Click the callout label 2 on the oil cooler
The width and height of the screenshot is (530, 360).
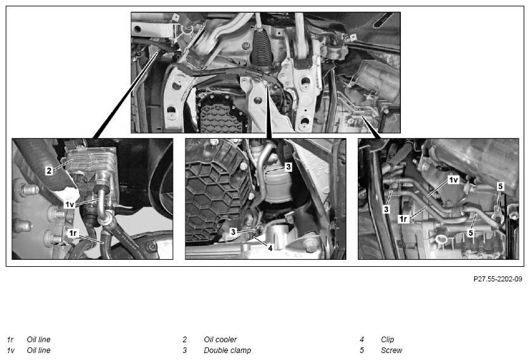tap(49, 170)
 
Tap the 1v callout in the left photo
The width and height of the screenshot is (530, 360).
tap(69, 204)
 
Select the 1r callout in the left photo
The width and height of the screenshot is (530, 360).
tap(73, 233)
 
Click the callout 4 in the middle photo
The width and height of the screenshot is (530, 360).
tap(270, 248)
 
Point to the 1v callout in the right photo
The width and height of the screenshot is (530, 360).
tap(453, 180)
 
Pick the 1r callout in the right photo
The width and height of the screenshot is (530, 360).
tap(403, 219)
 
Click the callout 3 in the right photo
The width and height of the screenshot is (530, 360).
tap(386, 209)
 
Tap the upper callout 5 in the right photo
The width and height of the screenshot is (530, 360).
tap(500, 186)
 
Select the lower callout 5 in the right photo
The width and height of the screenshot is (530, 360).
tap(470, 233)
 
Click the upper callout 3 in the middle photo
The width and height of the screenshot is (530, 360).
tap(288, 167)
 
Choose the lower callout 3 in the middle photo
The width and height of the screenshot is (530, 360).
tap(233, 232)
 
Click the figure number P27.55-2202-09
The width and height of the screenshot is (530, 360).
tap(498, 279)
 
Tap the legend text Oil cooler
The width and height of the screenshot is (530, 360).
tap(220, 339)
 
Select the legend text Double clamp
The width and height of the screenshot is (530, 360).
tap(227, 350)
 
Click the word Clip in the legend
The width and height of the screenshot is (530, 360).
tap(388, 339)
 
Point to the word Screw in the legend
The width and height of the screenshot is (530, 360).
tap(391, 350)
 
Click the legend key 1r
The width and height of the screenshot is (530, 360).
tap(10, 339)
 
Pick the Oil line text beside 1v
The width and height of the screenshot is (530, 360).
tap(39, 350)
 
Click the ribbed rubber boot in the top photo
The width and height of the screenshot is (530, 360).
tap(262, 47)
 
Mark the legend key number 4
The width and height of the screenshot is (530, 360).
tap(362, 339)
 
